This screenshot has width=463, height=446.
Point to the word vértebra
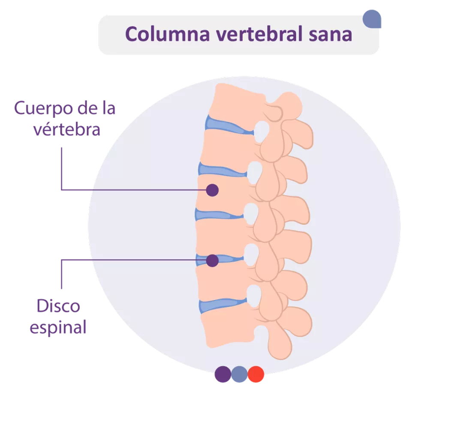pos(67,129)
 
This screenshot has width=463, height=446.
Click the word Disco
pos(58,306)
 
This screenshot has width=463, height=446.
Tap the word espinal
pos(58,328)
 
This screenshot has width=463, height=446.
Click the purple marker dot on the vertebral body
pos(212,190)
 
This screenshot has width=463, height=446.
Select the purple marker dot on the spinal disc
pos(212,260)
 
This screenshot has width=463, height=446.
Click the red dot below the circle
pos(256,374)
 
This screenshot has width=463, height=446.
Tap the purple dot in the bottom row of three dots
pos(222,374)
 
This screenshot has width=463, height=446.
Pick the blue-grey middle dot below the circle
pos(239,374)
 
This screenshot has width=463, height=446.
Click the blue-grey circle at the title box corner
pos(372,19)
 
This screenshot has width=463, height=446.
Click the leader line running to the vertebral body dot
pos(129,190)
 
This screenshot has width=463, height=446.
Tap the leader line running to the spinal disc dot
pos(129,260)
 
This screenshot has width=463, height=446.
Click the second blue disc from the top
pos(221,170)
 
